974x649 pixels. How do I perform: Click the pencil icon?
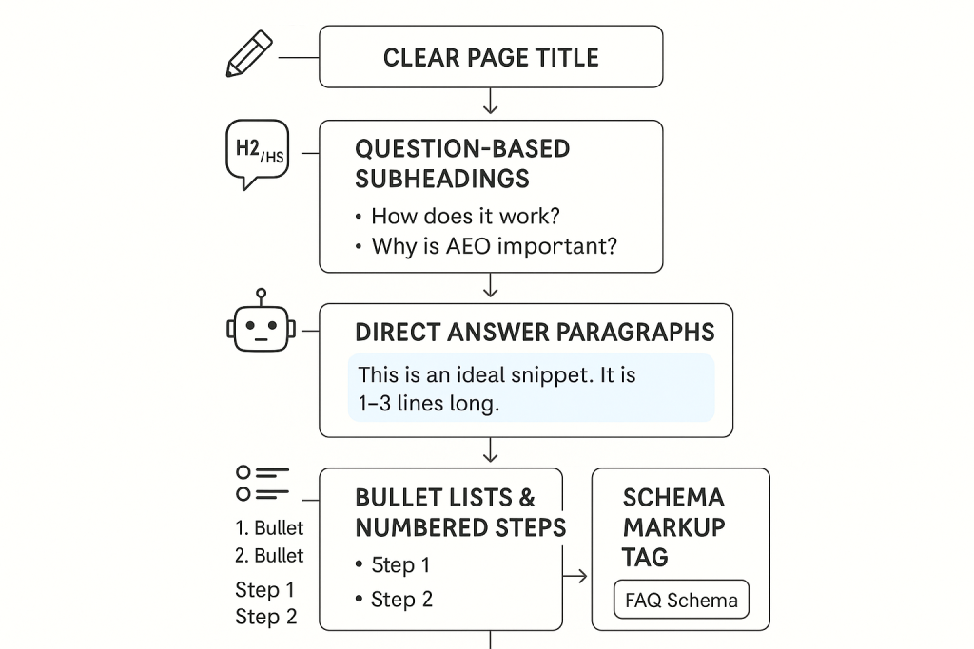(x=249, y=54)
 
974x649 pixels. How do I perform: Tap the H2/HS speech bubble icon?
(x=257, y=154)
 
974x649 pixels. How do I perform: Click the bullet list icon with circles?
(x=263, y=484)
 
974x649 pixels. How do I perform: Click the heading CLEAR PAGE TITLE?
(x=491, y=58)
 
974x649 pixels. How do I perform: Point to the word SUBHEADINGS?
(x=442, y=179)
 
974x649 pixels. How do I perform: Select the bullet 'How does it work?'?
(x=458, y=216)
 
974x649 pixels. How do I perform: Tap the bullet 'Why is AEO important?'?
(x=486, y=246)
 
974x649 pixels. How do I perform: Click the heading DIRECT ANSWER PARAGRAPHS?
(x=535, y=333)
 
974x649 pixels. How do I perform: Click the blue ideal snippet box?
(x=531, y=389)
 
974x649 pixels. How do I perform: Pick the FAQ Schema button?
(x=681, y=600)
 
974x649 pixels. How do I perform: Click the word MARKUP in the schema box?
(x=674, y=527)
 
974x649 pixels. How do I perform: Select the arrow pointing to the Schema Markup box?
(x=575, y=577)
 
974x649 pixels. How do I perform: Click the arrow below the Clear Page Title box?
(x=491, y=101)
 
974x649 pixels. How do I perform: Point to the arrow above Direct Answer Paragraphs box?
(x=491, y=285)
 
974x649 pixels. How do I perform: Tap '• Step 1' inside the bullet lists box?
(x=393, y=565)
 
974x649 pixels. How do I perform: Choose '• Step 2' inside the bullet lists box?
(x=394, y=600)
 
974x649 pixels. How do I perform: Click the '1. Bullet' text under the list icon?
(x=269, y=528)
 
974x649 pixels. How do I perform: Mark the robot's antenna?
(x=261, y=297)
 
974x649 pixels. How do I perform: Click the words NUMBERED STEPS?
(x=460, y=528)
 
